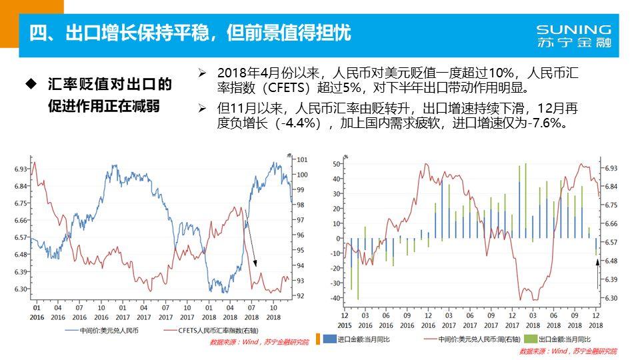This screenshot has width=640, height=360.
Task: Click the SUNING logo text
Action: [573, 30]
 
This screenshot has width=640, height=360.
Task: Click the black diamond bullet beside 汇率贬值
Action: [30, 84]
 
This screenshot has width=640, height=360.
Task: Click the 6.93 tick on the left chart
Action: [21, 169]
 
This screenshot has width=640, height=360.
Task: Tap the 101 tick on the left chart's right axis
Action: [301, 159]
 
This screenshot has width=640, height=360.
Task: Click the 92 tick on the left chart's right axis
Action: [301, 295]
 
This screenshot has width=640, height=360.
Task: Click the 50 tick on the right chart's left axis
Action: [336, 163]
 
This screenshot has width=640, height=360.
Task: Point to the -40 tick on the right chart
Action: [335, 298]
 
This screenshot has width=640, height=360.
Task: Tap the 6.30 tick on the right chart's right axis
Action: [611, 298]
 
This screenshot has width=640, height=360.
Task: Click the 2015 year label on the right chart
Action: [345, 325]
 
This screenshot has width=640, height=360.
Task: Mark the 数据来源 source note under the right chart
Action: [568, 351]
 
